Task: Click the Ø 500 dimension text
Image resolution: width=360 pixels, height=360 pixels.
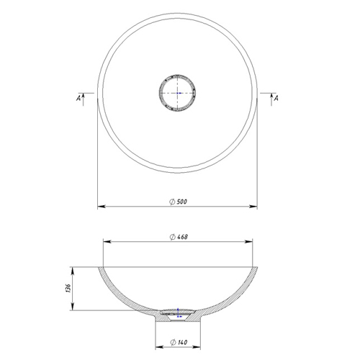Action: [178, 202]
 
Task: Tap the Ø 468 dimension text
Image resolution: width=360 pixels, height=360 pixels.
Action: [179, 237]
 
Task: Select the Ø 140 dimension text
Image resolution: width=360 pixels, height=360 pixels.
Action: [179, 342]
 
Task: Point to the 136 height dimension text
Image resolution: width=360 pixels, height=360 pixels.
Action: [68, 288]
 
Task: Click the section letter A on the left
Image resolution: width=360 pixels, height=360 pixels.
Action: [78, 98]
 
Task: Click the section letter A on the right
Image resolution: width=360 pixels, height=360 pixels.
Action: [276, 98]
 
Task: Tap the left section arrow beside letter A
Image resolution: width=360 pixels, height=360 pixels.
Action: [83, 99]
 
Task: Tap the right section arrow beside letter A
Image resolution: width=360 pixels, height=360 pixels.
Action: [271, 99]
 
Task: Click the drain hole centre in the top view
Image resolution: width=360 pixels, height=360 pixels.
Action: [177, 93]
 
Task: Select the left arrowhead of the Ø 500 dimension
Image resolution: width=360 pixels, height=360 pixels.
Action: [102, 207]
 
